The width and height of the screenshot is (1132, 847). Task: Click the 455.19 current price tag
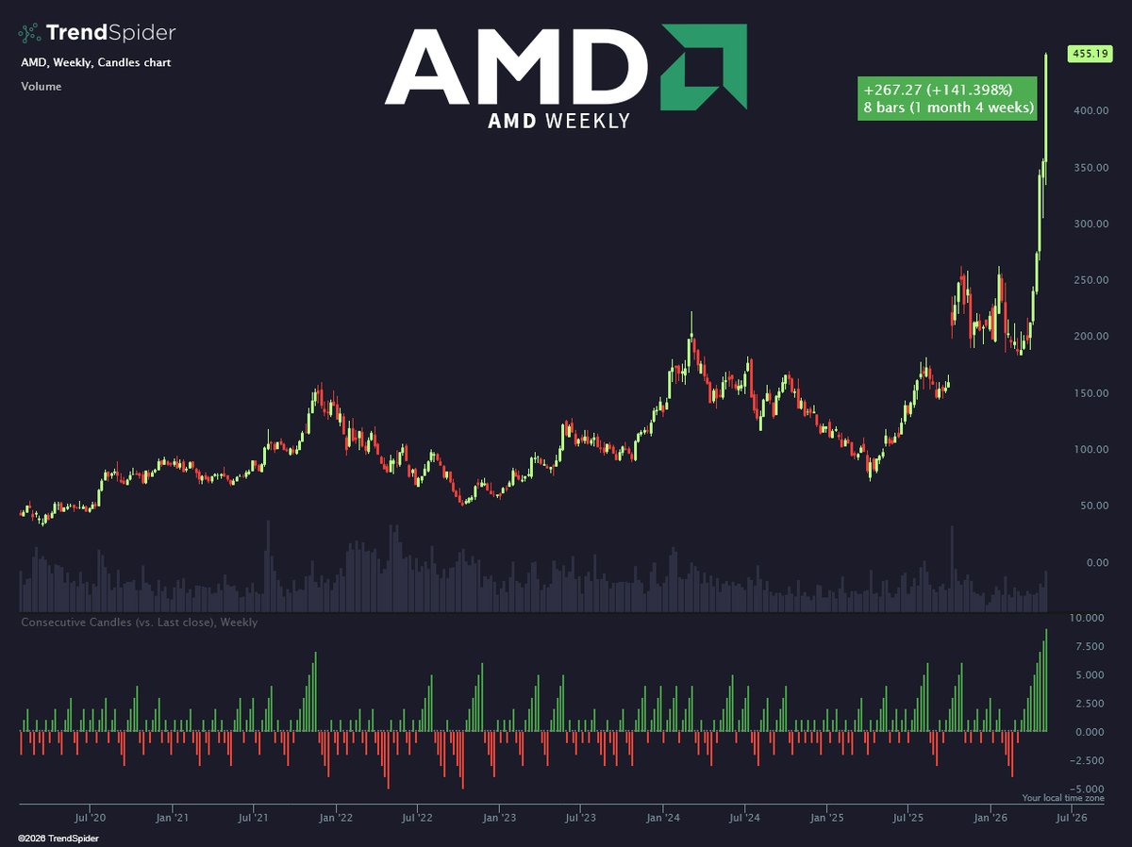1090,54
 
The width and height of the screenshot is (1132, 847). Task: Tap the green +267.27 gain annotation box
947,98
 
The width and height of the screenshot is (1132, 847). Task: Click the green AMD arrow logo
704,67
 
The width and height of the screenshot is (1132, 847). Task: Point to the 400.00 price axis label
1091,110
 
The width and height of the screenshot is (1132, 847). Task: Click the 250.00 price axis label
1091,280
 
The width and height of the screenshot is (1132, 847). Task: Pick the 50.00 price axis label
1094,506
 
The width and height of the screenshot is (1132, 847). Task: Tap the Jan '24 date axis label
663,818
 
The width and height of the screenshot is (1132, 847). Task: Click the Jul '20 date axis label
90,818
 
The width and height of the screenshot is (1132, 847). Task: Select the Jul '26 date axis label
1072,818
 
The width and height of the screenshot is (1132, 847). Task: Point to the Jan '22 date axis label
336,818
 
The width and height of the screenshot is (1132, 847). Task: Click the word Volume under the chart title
42,87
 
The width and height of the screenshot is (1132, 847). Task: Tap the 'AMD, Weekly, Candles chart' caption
96,62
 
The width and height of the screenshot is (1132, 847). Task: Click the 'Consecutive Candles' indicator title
76,623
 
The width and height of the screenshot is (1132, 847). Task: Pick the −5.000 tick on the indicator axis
1087,789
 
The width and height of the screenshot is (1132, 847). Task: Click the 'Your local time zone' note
1063,798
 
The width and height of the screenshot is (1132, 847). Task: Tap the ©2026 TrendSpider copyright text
58,839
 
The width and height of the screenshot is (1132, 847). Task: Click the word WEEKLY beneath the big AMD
588,121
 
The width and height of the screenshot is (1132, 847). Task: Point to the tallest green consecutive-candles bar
1046,680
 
